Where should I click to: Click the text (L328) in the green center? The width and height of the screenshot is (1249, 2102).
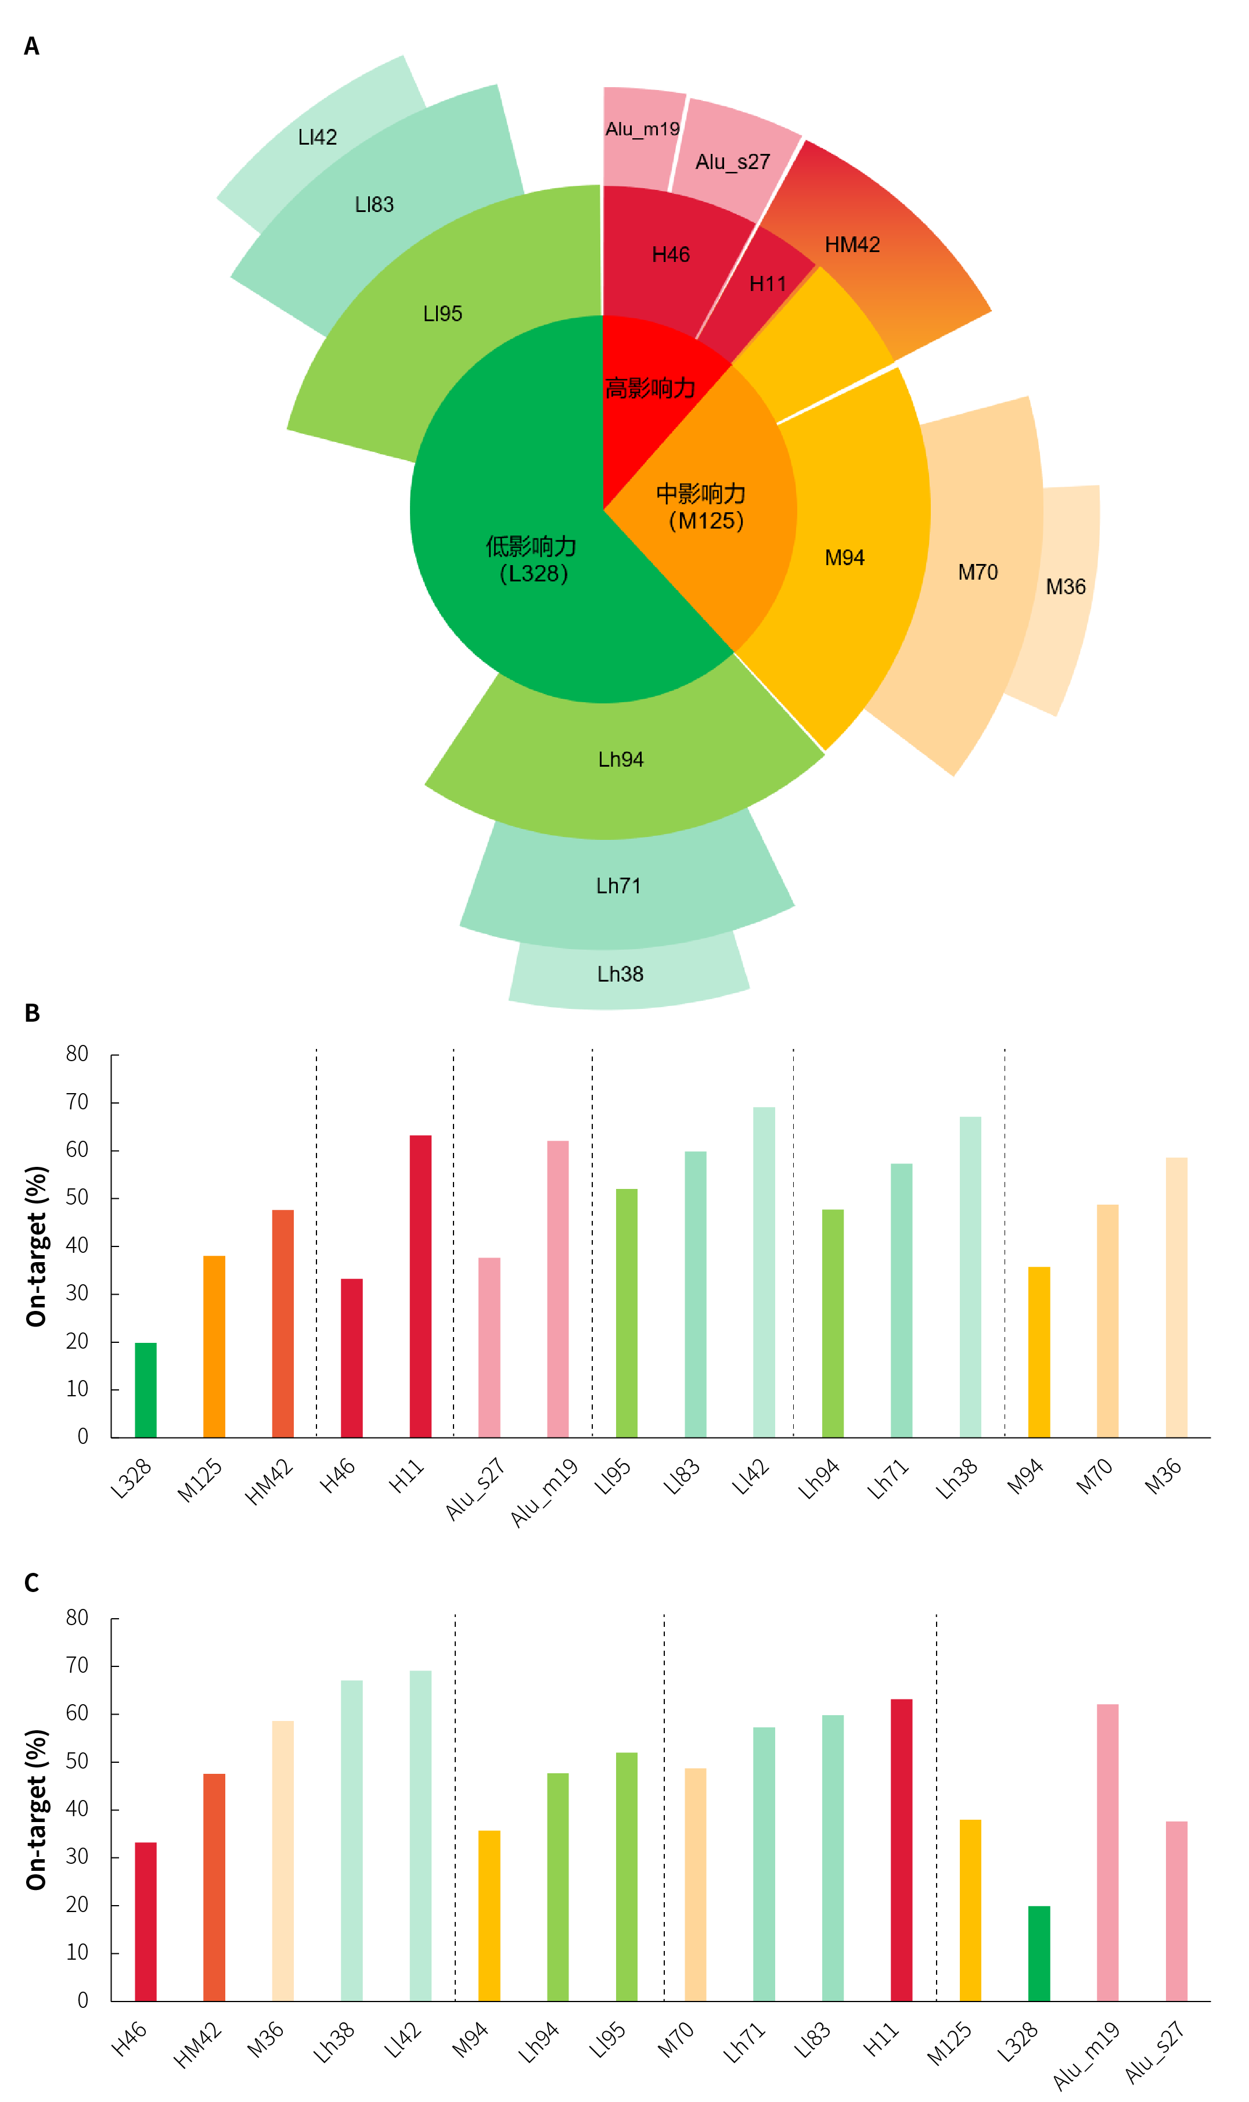534,574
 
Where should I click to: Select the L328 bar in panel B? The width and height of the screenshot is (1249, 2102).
146,1390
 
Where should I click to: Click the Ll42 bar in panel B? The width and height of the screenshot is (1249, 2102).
764,1272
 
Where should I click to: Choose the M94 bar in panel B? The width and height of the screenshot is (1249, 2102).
1039,1352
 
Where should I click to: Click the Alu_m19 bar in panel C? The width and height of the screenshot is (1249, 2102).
1107,1852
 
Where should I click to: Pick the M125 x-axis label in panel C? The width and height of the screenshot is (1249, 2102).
949,2044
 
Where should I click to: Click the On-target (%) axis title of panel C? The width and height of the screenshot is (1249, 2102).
36,1810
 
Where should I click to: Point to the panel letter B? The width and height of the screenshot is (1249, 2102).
32,1013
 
